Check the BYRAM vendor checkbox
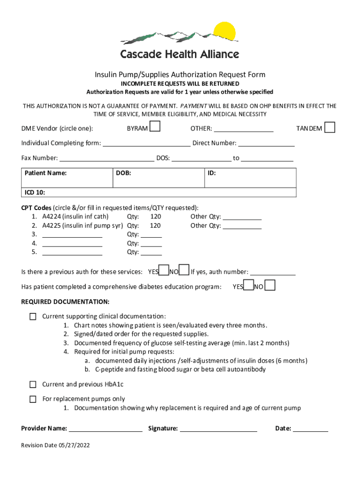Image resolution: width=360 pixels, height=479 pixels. [x=155, y=127]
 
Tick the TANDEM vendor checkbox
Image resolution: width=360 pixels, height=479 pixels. [x=330, y=127]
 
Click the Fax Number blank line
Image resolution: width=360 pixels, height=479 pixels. [x=107, y=159]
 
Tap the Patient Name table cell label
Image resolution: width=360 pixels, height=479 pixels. [x=46, y=173]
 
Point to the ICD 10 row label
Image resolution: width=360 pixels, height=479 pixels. [x=35, y=193]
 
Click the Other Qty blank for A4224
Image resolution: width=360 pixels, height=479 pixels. [x=242, y=217]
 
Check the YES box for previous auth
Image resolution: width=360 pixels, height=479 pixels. [x=164, y=270]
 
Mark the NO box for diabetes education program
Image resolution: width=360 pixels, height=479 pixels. [x=270, y=285]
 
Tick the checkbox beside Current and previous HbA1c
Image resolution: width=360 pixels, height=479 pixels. [x=33, y=385]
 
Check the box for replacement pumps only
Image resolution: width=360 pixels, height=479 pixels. [x=33, y=399]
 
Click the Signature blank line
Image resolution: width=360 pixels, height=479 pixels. [x=218, y=428]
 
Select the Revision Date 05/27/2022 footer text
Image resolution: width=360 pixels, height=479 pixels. [x=55, y=445]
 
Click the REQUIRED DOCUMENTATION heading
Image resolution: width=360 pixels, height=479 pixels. [x=65, y=301]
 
